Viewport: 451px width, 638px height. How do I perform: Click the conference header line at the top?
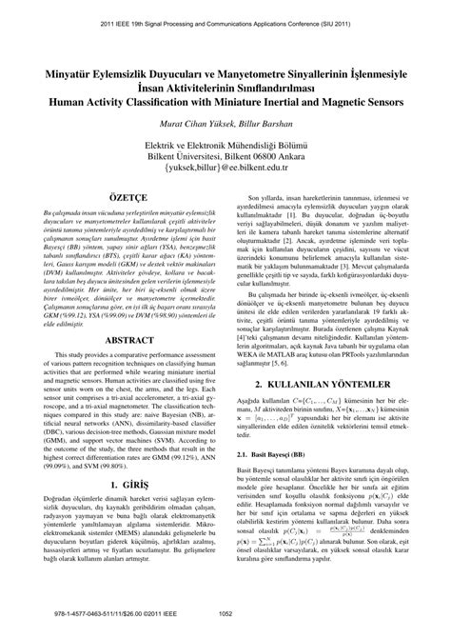(x=225, y=16)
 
